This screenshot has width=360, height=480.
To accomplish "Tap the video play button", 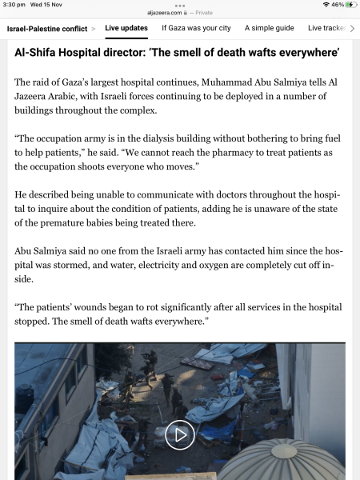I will tap(180, 434).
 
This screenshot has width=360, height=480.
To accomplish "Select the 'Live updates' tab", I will tap(126, 28).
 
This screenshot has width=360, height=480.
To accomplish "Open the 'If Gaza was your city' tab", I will tap(196, 28).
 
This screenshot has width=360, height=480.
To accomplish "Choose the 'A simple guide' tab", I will tap(269, 28).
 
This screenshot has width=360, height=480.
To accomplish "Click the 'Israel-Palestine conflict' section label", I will tap(46, 28).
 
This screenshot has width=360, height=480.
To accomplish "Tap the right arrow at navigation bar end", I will tap(352, 28).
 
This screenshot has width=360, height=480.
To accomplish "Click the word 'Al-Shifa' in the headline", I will tap(38, 53).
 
